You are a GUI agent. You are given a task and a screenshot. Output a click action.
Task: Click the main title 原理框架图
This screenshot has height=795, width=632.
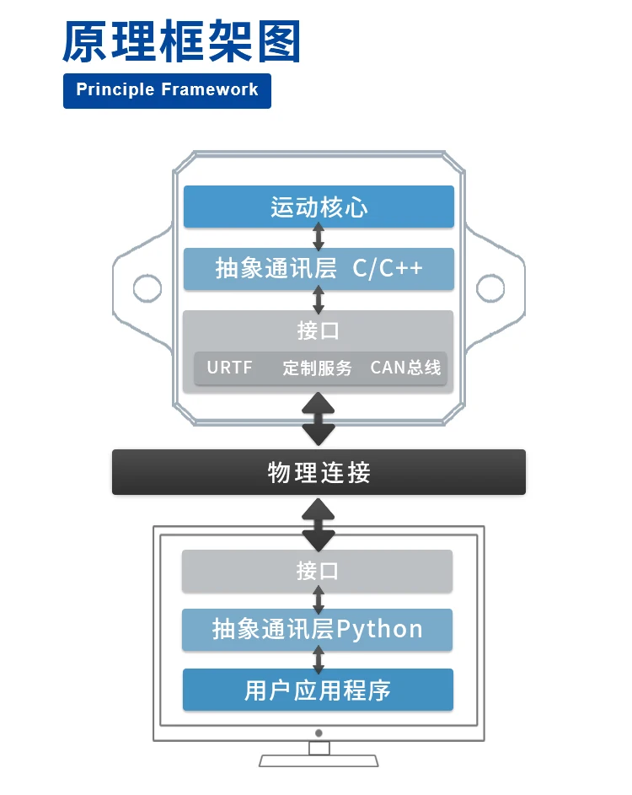click(181, 42)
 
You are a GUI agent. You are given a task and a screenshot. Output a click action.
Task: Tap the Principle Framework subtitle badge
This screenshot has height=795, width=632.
click(167, 90)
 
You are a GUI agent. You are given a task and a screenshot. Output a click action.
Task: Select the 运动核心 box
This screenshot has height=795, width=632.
click(319, 207)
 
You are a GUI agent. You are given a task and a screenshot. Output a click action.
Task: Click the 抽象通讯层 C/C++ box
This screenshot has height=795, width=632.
click(319, 269)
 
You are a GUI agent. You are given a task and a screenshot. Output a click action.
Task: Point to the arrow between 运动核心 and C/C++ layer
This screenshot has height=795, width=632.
click(319, 238)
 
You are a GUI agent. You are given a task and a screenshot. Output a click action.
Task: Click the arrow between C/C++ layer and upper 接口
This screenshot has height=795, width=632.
click(319, 300)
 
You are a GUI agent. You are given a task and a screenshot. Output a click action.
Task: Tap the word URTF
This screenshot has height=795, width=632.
click(229, 368)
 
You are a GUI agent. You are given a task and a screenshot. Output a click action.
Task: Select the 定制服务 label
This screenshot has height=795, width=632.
click(317, 368)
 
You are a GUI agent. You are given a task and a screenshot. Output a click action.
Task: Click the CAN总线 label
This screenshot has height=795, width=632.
click(405, 368)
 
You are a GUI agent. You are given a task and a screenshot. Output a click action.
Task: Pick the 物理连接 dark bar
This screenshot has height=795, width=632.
click(319, 472)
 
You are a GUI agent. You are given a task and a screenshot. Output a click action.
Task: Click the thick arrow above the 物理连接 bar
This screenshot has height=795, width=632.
click(319, 419)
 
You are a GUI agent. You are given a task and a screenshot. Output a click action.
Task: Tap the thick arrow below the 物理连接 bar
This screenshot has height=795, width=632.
click(319, 524)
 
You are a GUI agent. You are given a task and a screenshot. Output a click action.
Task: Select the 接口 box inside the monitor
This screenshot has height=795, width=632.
click(317, 571)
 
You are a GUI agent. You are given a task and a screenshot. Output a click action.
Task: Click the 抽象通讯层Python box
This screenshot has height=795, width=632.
click(317, 630)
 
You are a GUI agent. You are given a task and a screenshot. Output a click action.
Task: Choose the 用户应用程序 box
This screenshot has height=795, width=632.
click(318, 690)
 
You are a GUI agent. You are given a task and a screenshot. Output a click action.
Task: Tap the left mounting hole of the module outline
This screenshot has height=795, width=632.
click(147, 288)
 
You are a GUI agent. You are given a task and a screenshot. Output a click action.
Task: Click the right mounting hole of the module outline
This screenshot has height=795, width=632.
click(490, 288)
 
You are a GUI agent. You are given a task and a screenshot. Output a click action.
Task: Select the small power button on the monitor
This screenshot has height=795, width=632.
click(319, 733)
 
